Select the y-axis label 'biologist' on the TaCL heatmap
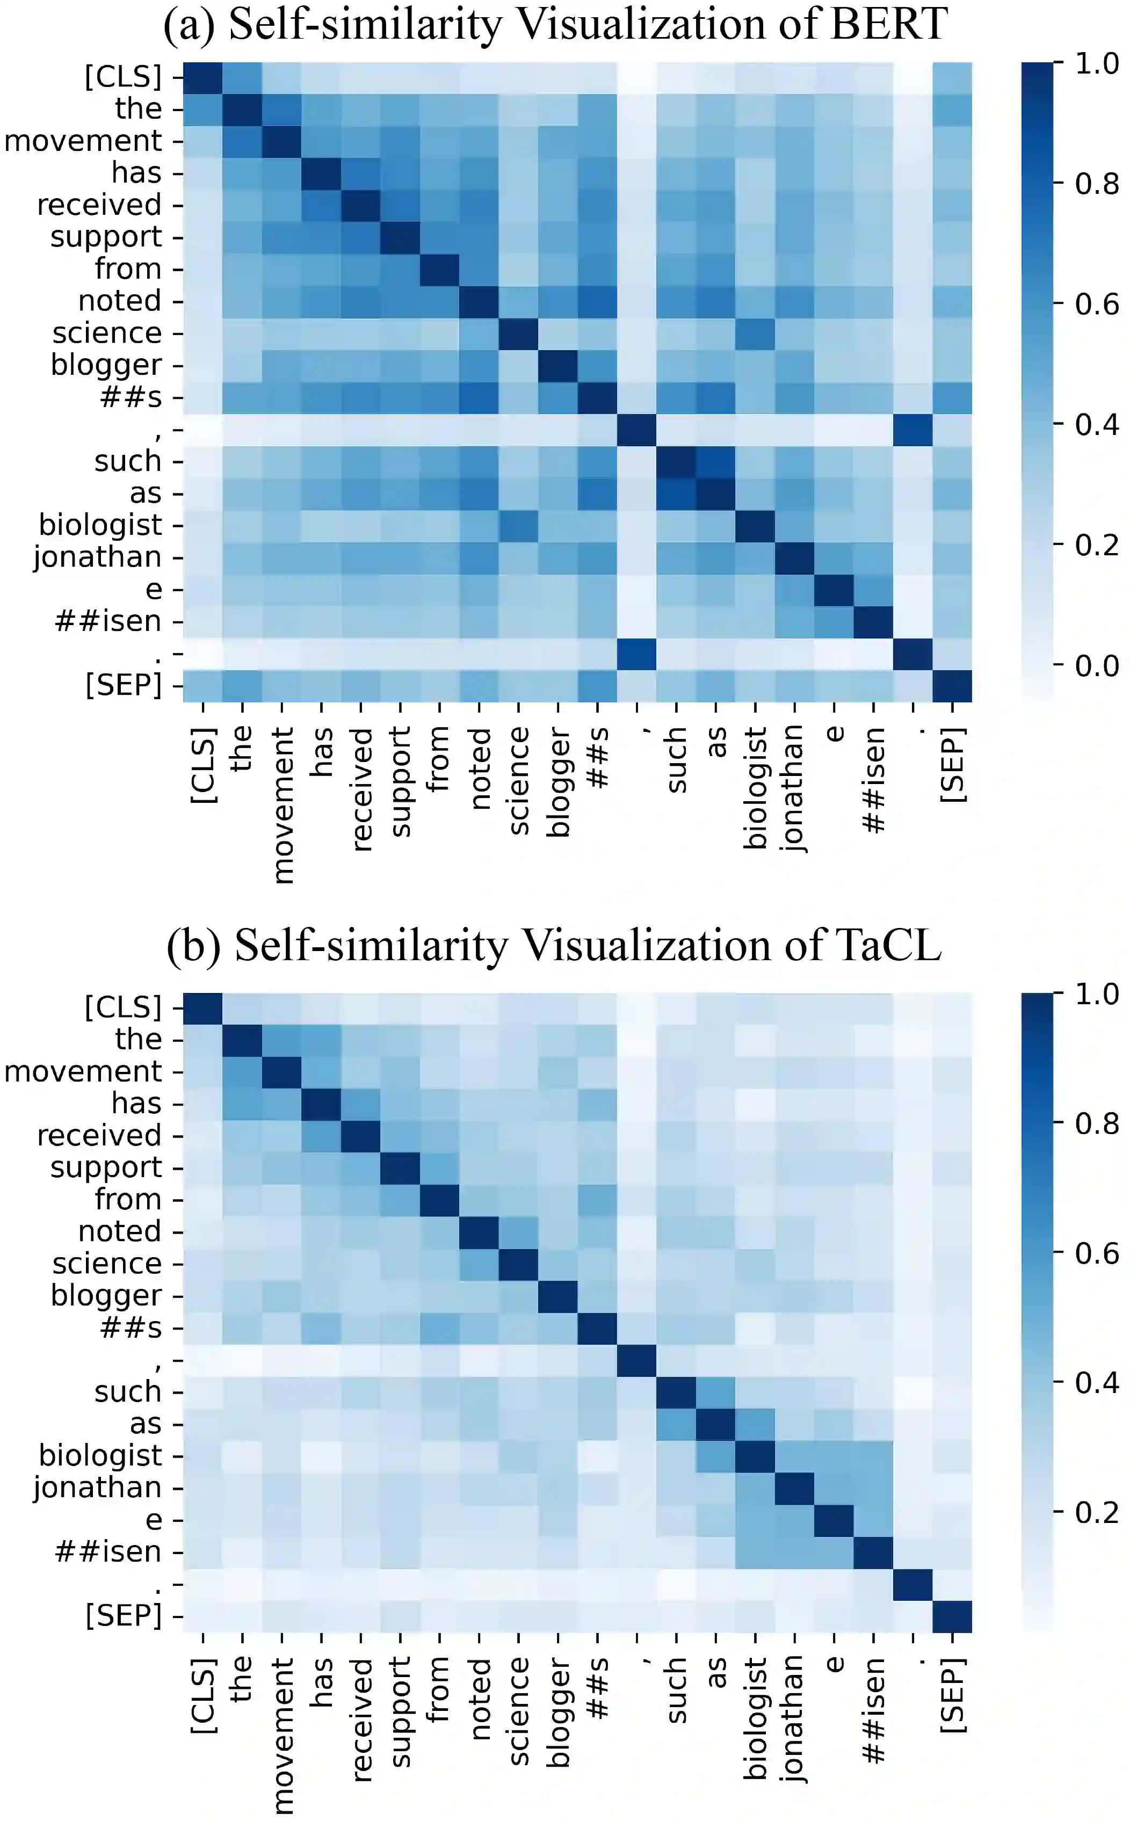point(100,1456)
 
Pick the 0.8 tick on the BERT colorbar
point(1096,184)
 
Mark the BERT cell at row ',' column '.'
point(912,430)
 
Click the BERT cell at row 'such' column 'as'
point(716,462)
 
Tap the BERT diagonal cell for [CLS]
point(202,77)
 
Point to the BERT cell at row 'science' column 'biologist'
point(755,333)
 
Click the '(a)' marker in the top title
point(189,24)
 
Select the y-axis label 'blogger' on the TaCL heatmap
point(106,1296)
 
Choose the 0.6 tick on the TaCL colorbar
point(1096,1253)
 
